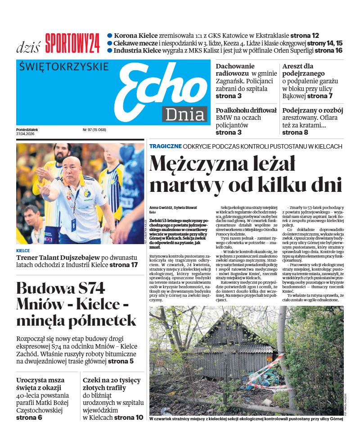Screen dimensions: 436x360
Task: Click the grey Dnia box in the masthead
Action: click(x=184, y=114)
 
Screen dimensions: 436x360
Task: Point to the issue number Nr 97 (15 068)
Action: click(x=94, y=130)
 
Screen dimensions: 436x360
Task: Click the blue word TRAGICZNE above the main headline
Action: click(x=165, y=146)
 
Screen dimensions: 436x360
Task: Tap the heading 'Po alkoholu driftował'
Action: click(x=246, y=110)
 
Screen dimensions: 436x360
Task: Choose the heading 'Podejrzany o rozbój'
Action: click(x=313, y=110)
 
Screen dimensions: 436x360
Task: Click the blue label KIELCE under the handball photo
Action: click(x=23, y=251)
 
